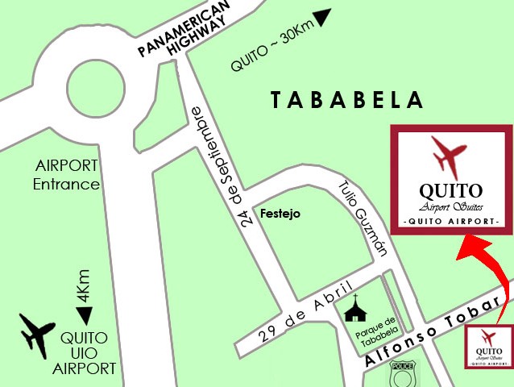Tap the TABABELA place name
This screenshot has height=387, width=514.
click(347, 100)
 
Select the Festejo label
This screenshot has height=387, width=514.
click(280, 214)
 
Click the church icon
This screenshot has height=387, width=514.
click(355, 306)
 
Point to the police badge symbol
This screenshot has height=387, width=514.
click(401, 374)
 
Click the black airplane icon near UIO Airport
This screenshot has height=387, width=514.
click(37, 333)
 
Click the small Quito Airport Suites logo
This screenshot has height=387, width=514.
click(487, 346)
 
